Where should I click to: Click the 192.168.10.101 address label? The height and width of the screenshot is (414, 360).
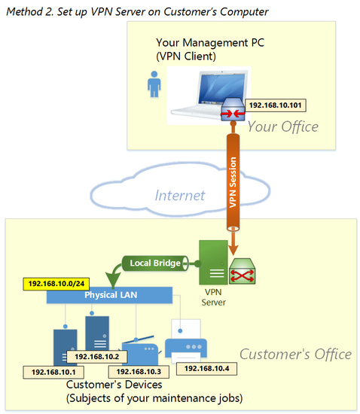coord(276,105)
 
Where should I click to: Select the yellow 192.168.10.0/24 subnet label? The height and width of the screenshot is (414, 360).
coord(56,284)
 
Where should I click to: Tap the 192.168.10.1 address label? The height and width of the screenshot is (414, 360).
coord(53,373)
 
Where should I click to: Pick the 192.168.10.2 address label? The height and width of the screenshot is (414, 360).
coord(97,357)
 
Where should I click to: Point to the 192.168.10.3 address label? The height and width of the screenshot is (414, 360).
coord(139,372)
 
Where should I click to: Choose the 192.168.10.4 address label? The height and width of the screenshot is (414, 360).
coord(206,369)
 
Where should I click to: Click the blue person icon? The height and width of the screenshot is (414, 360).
coord(154,84)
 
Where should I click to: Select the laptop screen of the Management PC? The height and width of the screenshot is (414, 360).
coord(222,87)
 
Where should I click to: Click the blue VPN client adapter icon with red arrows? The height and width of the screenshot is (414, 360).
coord(233,109)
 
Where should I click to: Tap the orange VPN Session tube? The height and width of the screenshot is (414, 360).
coord(233,182)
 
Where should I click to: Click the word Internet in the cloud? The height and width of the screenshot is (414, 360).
coord(179,196)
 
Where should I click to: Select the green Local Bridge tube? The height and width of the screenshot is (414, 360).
coord(155,263)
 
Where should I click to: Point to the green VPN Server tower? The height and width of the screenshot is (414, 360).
coord(213,262)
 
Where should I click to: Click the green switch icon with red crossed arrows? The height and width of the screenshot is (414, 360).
coord(243,272)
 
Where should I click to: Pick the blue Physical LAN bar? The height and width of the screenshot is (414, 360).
coord(109,295)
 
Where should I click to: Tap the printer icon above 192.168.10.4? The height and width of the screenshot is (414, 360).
coord(186,340)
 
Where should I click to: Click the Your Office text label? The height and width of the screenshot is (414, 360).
coord(283,126)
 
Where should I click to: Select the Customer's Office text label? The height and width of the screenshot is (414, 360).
coord(295,354)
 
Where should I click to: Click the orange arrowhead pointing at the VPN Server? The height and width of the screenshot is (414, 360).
coord(233,249)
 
